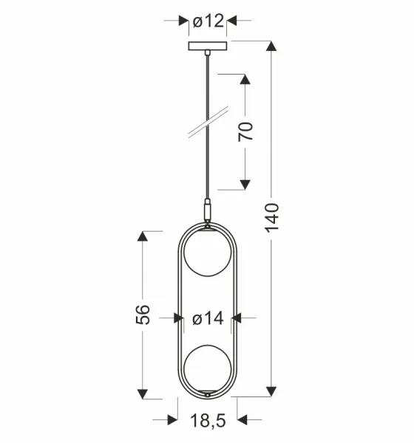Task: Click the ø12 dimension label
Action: tap(208, 21)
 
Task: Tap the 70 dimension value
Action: tap(245, 131)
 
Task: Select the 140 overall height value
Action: tap(272, 218)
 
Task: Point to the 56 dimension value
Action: tap(143, 315)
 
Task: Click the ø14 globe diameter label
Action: tap(208, 318)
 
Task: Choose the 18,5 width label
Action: tap(208, 421)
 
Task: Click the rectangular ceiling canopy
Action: tap(208, 46)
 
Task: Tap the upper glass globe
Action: tap(208, 253)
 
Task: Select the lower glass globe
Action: tap(208, 368)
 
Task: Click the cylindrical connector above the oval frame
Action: tap(208, 210)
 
